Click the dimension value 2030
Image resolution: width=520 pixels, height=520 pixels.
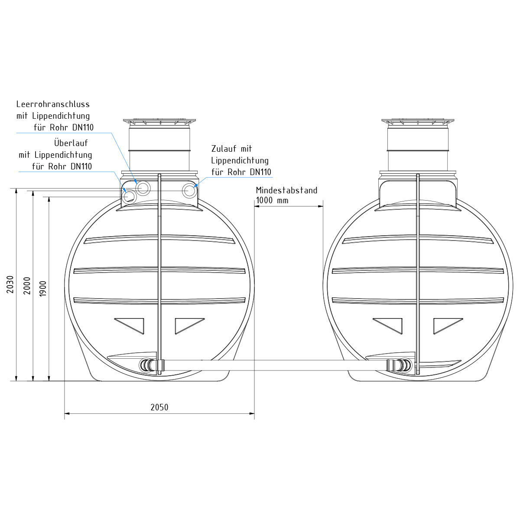click(x=10, y=284)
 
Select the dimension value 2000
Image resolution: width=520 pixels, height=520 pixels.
click(x=27, y=286)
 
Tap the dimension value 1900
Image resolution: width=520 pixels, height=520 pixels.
click(x=43, y=289)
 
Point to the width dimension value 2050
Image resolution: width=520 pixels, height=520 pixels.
click(x=159, y=407)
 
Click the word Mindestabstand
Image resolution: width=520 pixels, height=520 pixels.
click(x=286, y=190)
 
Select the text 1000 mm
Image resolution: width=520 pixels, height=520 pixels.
click(x=272, y=201)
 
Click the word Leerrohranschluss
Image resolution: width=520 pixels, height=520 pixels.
click(x=53, y=104)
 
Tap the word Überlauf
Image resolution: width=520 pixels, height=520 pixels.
click(x=71, y=143)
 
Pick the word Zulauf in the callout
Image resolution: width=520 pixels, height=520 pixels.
click(x=223, y=149)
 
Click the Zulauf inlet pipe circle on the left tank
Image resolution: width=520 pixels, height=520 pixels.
click(x=190, y=191)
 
